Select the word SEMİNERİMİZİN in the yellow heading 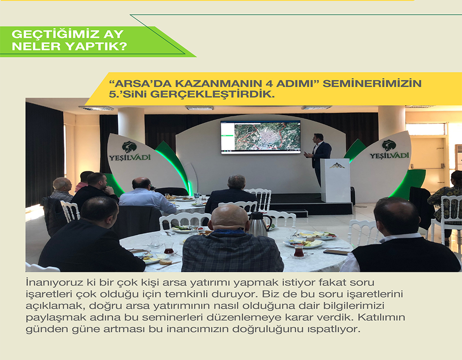coord(372,84)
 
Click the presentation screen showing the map coord(261,137)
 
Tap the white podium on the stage coord(335,180)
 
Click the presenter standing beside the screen coord(319,158)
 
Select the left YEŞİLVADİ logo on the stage coord(130,152)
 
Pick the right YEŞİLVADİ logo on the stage coord(389,150)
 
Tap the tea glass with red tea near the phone coord(298,252)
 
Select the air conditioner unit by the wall coord(458,158)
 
